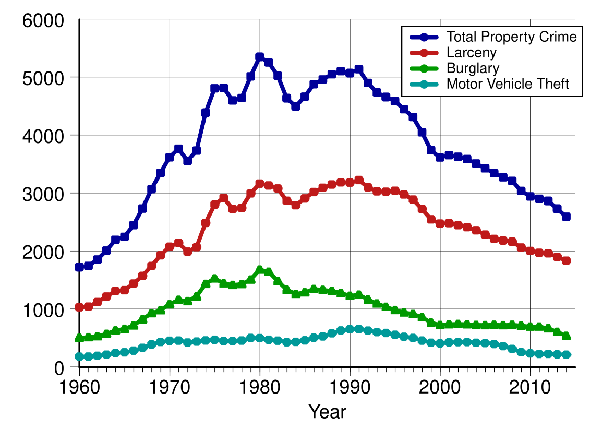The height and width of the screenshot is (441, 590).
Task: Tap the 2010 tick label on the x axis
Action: (531, 389)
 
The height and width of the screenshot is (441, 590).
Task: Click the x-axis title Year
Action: (327, 412)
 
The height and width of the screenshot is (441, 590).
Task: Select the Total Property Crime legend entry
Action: (512, 37)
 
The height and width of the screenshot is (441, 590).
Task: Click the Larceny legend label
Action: (472, 53)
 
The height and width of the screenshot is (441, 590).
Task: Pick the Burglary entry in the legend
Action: (473, 68)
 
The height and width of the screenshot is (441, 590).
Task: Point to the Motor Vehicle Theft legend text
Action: (508, 84)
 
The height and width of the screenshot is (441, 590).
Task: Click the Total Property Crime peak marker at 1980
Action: (260, 56)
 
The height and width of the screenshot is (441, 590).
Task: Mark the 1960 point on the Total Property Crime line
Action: (79, 267)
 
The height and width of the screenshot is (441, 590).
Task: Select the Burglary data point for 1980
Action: (260, 270)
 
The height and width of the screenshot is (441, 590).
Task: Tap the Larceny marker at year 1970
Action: (170, 247)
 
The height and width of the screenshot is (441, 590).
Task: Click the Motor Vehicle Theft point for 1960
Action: (79, 356)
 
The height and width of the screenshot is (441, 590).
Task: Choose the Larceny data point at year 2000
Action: (440, 223)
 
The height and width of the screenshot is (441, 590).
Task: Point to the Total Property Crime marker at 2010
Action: (531, 197)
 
